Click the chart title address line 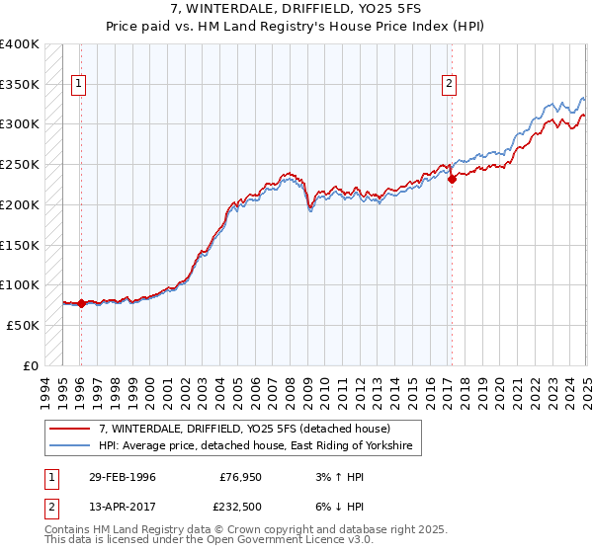296,9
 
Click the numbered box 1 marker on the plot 78,85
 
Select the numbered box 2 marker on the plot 449,85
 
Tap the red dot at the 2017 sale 452,179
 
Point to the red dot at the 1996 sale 81,304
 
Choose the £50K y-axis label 23,325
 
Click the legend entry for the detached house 244,429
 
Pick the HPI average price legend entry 260,447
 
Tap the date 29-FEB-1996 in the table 121,477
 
